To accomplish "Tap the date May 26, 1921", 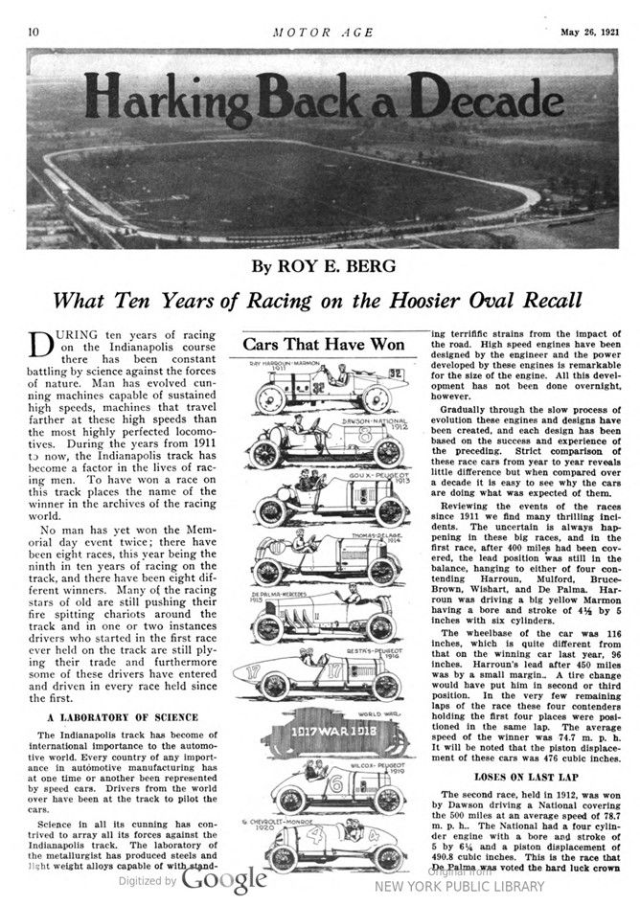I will point(581,31).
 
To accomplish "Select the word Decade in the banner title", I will point(480,96).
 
